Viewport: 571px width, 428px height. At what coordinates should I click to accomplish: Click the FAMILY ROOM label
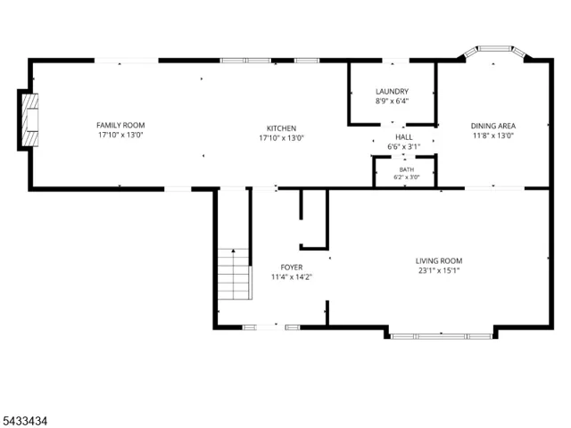click(x=120, y=125)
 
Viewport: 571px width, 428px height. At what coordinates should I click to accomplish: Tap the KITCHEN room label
click(x=282, y=128)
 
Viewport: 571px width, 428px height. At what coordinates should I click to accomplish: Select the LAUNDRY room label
click(x=393, y=91)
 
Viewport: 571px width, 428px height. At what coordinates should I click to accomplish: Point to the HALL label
click(x=404, y=137)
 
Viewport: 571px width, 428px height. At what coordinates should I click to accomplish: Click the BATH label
click(x=407, y=169)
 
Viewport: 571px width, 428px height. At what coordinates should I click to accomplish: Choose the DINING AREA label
click(x=493, y=126)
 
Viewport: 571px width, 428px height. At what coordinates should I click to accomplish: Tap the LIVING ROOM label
click(x=439, y=261)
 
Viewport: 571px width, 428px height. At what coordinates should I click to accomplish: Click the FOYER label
click(x=292, y=267)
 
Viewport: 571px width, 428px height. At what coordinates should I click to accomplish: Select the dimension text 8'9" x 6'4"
click(x=393, y=101)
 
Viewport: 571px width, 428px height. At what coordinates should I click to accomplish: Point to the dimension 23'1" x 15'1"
click(x=439, y=270)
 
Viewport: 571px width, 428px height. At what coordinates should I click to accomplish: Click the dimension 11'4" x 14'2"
click(x=292, y=277)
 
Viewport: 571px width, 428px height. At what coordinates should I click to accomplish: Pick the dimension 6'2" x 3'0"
click(x=407, y=177)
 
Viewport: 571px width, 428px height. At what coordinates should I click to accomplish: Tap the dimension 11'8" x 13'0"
click(x=493, y=136)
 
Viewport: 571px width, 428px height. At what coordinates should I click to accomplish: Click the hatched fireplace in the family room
click(x=29, y=120)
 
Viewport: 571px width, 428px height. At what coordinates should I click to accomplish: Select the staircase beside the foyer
click(x=234, y=274)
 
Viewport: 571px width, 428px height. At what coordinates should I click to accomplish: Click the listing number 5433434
click(x=24, y=421)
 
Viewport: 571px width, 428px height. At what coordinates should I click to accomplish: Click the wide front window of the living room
click(x=442, y=336)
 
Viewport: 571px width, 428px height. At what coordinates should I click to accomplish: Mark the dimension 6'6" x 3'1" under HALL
click(x=404, y=146)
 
